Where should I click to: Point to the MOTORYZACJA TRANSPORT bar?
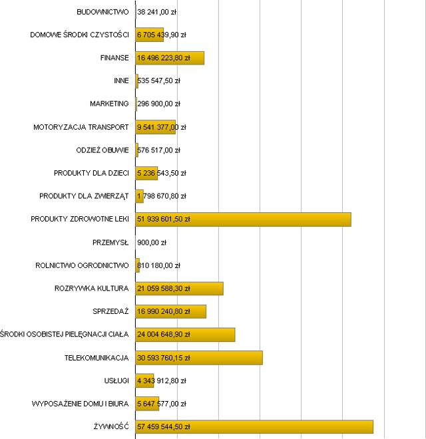click(156, 127)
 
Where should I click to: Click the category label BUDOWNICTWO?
click(103, 12)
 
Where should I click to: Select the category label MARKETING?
click(109, 104)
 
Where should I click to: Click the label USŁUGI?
click(116, 380)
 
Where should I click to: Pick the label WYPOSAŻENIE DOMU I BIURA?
click(80, 404)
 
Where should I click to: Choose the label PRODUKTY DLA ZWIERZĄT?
click(84, 196)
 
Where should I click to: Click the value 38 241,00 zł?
click(157, 12)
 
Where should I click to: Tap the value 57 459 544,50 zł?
click(164, 427)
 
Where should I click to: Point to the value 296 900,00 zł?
click(159, 104)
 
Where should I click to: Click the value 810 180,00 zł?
click(159, 265)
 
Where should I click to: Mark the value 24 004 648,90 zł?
click(164, 335)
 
